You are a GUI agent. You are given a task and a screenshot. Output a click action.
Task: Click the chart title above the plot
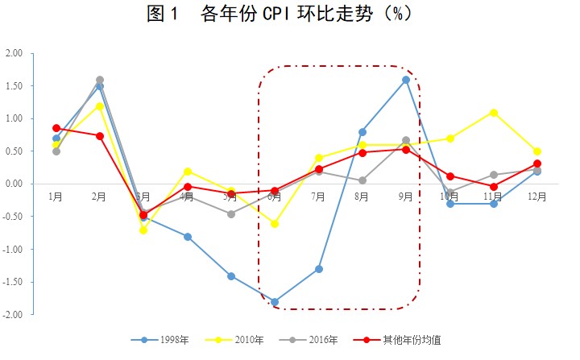click(290, 15)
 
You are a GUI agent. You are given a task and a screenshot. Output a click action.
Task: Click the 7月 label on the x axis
click(318, 197)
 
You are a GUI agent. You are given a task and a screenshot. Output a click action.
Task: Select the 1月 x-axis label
click(56, 197)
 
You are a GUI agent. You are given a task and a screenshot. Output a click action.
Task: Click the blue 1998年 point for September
click(406, 80)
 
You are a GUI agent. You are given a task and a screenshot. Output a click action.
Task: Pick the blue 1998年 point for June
click(275, 302)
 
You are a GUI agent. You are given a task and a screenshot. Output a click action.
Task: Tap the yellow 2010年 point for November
click(493, 113)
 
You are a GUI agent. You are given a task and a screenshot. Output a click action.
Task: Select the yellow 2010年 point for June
click(275, 224)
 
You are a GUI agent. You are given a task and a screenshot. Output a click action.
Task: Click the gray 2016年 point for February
click(100, 80)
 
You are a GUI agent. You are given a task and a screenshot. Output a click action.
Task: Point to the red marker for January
click(56, 128)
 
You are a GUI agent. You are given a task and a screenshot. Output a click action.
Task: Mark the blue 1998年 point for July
click(318, 269)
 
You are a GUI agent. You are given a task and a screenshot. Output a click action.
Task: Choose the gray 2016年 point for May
click(231, 214)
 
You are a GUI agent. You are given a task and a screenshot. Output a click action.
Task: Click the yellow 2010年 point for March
click(143, 230)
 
